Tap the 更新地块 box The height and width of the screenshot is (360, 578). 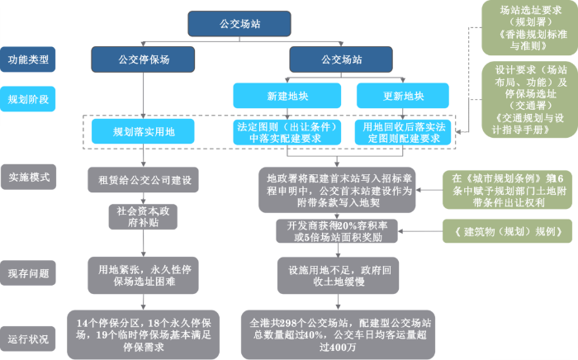[x=403, y=97]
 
